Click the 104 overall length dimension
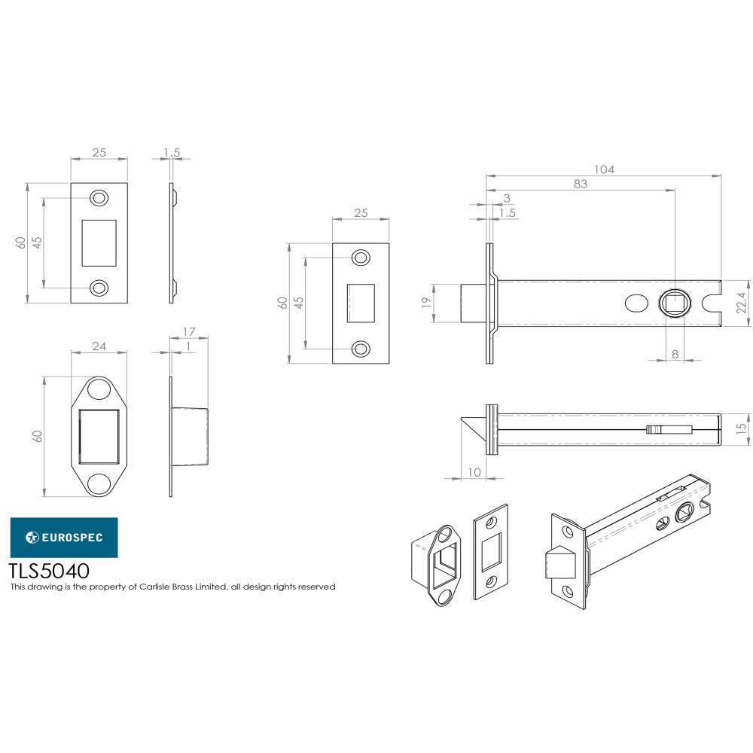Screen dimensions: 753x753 pyautogui.click(x=604, y=169)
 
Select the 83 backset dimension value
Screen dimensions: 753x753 pyautogui.click(x=580, y=184)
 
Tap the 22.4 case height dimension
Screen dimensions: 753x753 pyautogui.click(x=741, y=303)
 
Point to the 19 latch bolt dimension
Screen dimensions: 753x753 pyautogui.click(x=425, y=303)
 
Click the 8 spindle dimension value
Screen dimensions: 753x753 pyautogui.click(x=675, y=352)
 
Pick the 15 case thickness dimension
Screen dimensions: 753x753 pyautogui.click(x=742, y=427)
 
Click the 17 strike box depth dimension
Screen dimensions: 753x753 pyautogui.click(x=189, y=331)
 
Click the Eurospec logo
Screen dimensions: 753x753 pyautogui.click(x=63, y=537)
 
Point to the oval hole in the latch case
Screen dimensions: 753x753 pyautogui.click(x=636, y=303)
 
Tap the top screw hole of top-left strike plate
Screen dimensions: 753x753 pyautogui.click(x=99, y=198)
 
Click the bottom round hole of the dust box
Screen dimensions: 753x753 pyautogui.click(x=99, y=483)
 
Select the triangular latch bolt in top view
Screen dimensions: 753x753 pyautogui.click(x=473, y=428)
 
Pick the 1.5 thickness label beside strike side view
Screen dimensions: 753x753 pyautogui.click(x=172, y=152)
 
